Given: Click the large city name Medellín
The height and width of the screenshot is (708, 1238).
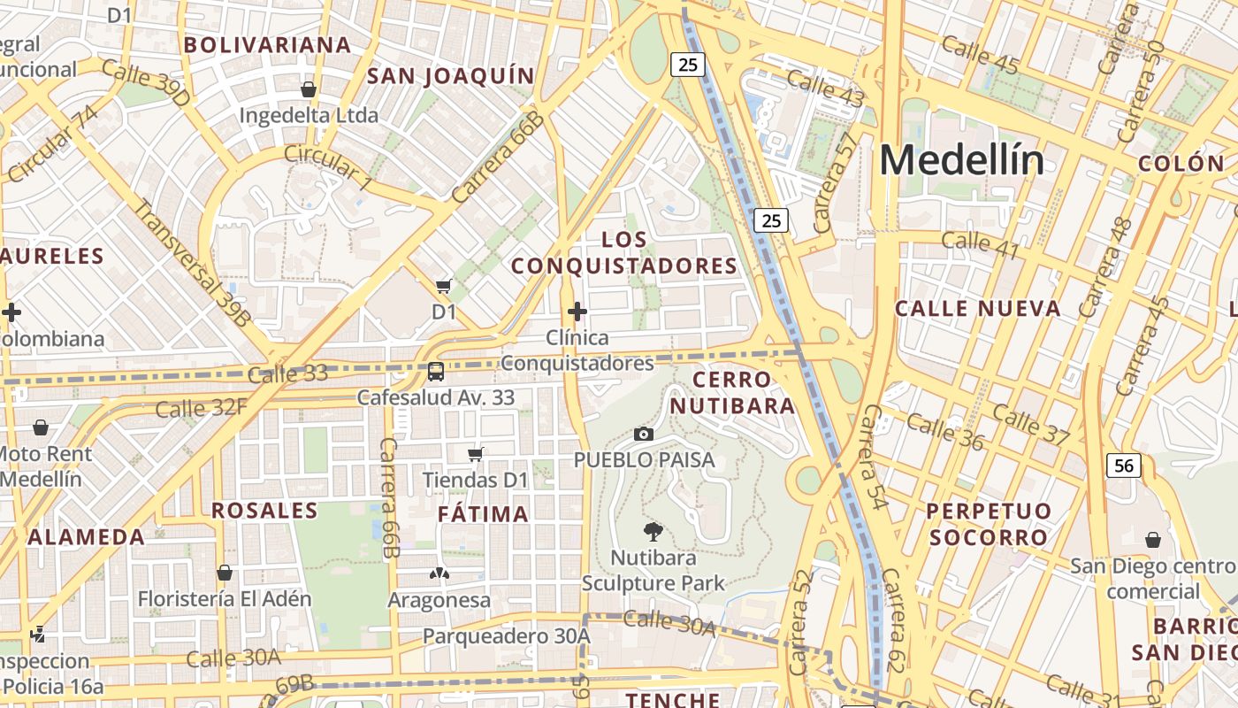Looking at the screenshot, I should pyautogui.click(x=961, y=160).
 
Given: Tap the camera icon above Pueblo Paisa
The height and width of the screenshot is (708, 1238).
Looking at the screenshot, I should pyautogui.click(x=644, y=434).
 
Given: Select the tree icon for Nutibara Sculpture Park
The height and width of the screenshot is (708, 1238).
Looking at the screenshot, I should pyautogui.click(x=653, y=531).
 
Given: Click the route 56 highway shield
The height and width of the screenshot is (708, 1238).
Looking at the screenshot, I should pyautogui.click(x=1123, y=466).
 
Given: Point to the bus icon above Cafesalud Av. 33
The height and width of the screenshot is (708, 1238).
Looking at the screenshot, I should pyautogui.click(x=435, y=371).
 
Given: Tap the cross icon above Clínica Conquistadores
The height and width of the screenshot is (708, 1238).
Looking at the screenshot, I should pyautogui.click(x=577, y=312).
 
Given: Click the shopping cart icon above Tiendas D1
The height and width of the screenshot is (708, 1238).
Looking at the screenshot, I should pyautogui.click(x=476, y=454).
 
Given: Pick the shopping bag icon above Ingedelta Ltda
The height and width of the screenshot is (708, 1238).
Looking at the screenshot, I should pyautogui.click(x=309, y=89).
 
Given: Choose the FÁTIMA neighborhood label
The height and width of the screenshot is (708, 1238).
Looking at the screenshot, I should pyautogui.click(x=484, y=514).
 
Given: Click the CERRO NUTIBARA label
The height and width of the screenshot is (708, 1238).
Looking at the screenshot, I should pyautogui.click(x=732, y=393).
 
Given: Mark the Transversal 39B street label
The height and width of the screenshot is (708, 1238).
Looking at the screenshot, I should pyautogui.click(x=191, y=263).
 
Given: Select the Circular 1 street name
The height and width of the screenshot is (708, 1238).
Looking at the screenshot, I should pyautogui.click(x=328, y=165).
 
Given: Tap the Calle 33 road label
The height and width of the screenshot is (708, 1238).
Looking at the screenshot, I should pyautogui.click(x=287, y=374).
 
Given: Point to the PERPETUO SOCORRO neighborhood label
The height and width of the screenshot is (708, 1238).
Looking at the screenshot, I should pyautogui.click(x=989, y=524).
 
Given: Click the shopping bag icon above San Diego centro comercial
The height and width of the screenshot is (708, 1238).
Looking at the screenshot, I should pyautogui.click(x=1153, y=540).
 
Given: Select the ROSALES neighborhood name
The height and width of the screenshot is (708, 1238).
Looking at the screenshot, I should pyautogui.click(x=264, y=511).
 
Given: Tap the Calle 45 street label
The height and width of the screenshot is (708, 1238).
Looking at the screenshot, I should pyautogui.click(x=980, y=54).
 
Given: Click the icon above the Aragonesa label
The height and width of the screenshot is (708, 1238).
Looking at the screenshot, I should pyautogui.click(x=439, y=573).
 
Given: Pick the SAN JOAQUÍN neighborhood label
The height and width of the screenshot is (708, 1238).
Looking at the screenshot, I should pyautogui.click(x=450, y=76).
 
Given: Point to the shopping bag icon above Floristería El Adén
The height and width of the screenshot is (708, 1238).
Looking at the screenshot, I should pyautogui.click(x=225, y=573).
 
